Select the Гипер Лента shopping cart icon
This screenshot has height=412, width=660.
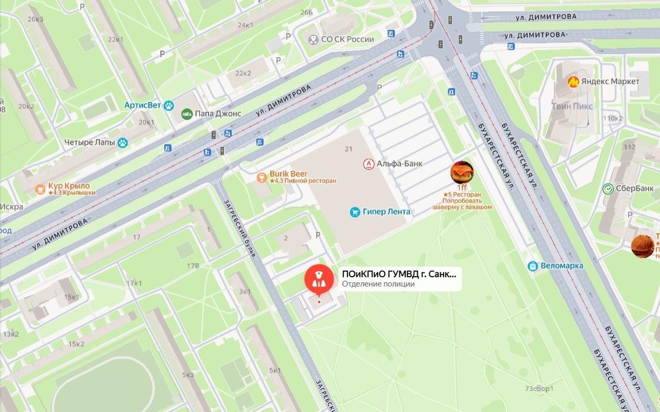pos(355,212)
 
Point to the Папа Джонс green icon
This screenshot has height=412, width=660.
pos(187,114)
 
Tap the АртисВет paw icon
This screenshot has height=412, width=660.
pos(169,105)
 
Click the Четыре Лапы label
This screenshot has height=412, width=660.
pos(90,142)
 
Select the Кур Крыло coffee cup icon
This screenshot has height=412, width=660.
pos(40,189)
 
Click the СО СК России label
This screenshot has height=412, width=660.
pos(347,39)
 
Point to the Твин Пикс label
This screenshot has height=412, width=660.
pos(571,106)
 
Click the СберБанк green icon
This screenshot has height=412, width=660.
pos(608,188)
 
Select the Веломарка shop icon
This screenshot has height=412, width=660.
pos(532,266)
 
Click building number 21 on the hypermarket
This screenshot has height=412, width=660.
pos(348,149)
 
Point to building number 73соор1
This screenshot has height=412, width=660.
pos(538,389)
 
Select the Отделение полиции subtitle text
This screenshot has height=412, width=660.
pos(378,284)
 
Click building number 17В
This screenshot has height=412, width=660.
pos(193,266)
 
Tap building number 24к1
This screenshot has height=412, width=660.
pos(245,25)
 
